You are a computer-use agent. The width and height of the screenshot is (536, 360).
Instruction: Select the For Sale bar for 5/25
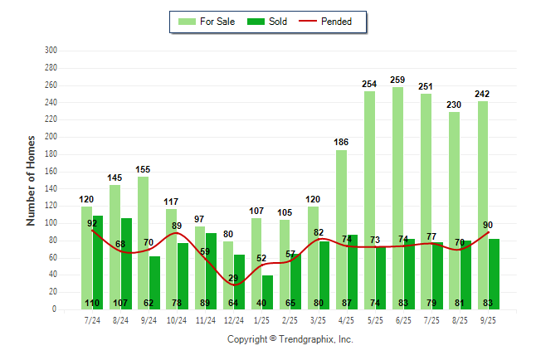coord(369,200)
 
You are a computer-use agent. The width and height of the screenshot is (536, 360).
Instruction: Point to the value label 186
coord(341,143)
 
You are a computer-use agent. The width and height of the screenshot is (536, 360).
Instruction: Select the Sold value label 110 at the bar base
coord(92,303)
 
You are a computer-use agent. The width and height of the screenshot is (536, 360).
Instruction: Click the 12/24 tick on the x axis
coord(233,319)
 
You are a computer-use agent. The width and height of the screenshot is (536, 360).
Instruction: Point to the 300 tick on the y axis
coord(51,51)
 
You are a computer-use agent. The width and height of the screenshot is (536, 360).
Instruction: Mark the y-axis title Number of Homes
coord(31,180)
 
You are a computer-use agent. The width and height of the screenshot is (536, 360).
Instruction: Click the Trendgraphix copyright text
coord(290,339)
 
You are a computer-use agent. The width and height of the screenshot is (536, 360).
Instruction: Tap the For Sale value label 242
coord(482,95)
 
